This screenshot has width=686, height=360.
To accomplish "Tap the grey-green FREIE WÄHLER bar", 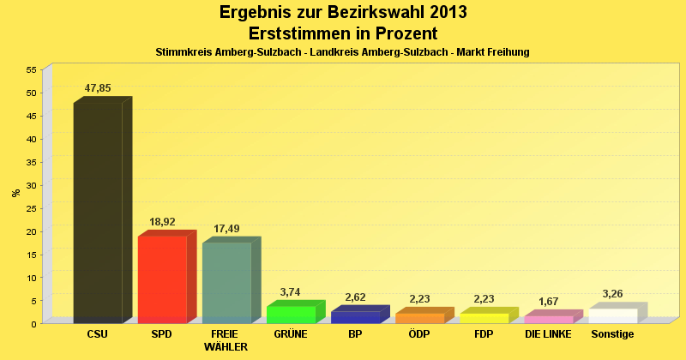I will pos(226,282).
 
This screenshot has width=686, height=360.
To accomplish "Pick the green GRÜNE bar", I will pos(291,314).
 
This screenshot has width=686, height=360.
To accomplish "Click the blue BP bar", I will pos(355,316).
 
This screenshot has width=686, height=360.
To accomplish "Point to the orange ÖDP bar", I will pos(419,318).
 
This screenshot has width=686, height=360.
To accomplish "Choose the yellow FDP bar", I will pos(484,318).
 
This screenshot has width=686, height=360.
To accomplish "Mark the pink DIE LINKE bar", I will pos(548,319).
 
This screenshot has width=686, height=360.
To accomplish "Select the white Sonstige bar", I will pos(612,315).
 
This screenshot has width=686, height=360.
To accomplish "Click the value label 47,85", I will pos(98,88).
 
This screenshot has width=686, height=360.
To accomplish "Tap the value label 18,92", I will pos(162,222).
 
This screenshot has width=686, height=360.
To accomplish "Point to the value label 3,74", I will pos(291,292).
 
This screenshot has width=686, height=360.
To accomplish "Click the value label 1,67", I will pos(548,302).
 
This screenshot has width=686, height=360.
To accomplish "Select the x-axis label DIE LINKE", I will pos(548,334).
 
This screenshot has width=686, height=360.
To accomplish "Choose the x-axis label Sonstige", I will pos(612,334).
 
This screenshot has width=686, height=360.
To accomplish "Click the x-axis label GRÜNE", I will pos(291,334).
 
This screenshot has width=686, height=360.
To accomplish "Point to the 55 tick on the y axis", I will pos(31,69).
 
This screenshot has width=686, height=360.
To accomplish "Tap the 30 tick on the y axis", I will pos(31,185).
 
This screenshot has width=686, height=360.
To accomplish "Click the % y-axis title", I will pos(15,193).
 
